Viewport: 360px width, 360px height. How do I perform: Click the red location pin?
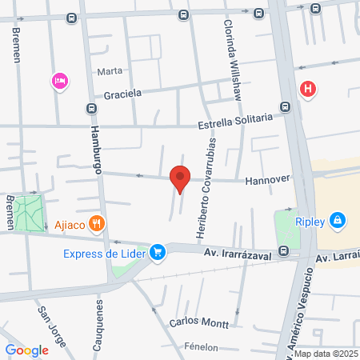(180, 178)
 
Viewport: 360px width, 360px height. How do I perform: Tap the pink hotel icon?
(58, 80)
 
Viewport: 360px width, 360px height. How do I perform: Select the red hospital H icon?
(307, 89)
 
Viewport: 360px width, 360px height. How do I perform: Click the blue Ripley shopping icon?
(338, 218)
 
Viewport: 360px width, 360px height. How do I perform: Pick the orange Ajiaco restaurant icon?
(97, 223)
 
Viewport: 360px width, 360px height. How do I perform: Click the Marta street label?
(110, 71)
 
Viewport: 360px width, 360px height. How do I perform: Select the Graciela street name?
(122, 93)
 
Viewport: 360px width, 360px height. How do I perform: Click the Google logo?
(26, 350)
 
